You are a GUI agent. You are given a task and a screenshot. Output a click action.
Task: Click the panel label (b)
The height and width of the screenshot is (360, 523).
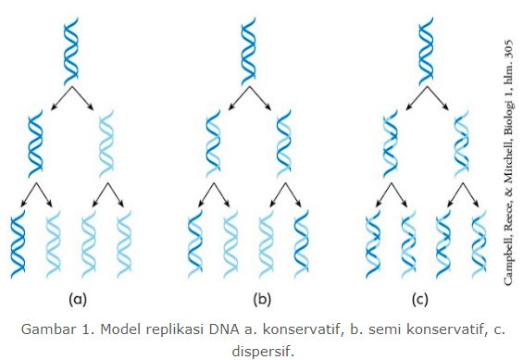(261, 299)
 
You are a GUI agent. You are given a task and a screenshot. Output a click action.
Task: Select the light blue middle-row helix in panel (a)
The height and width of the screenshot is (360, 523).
(107, 143)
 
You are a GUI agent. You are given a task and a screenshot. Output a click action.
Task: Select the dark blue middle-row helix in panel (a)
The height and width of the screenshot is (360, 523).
(35, 143)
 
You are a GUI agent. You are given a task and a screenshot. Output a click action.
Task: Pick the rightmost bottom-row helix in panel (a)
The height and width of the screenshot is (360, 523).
(123, 243)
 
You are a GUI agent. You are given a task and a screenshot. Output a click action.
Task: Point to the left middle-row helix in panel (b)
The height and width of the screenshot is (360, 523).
(213, 143)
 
